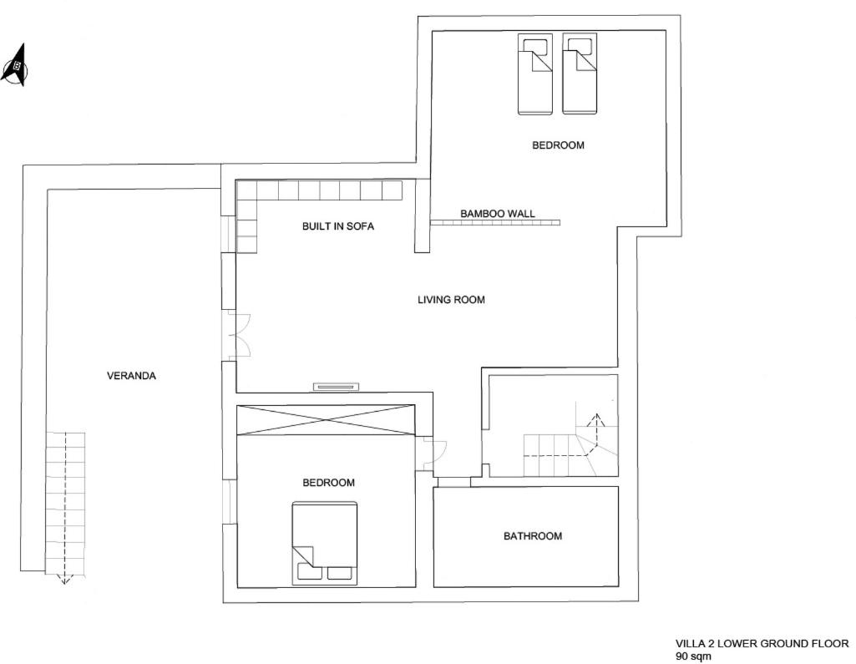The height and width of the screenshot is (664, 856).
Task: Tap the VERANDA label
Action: point(131,376)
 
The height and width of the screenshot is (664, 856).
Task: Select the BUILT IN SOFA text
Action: point(338,226)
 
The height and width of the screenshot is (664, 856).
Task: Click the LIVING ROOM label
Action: point(451,299)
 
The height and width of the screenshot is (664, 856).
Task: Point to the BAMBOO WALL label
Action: point(498,214)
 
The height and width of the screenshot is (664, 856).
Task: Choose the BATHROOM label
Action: point(532,536)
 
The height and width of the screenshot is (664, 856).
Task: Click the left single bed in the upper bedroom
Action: point(535,74)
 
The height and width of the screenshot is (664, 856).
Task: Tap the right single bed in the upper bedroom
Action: point(580,74)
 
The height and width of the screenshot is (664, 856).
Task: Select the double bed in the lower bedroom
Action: point(325,544)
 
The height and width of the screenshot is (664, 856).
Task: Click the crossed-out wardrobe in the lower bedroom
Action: point(326,420)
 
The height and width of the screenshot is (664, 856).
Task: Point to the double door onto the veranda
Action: point(239,335)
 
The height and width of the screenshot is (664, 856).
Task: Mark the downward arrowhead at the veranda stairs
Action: point(64,580)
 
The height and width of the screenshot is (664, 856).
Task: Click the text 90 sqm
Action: point(693,656)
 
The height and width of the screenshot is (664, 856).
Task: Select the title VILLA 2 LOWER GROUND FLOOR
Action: point(762,644)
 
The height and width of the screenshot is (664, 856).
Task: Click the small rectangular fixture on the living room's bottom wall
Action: point(337,387)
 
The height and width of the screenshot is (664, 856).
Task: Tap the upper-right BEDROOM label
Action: point(558,145)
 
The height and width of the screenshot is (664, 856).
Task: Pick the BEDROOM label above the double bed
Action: point(329,483)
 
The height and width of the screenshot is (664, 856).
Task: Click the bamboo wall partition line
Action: point(495,222)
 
